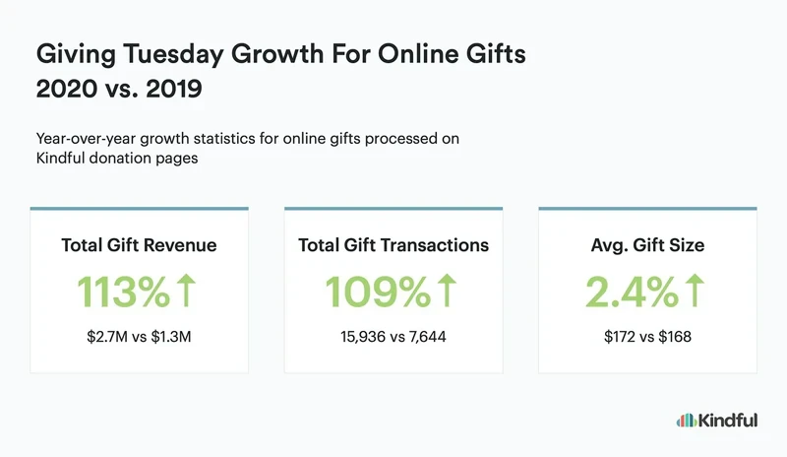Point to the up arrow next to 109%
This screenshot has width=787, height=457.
(x=447, y=292)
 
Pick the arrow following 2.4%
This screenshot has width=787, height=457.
(x=694, y=292)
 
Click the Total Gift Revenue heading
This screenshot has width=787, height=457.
(x=139, y=245)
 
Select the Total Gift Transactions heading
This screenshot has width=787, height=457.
(x=393, y=245)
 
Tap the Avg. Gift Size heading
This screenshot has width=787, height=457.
(x=647, y=245)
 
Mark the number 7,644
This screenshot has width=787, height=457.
(x=427, y=338)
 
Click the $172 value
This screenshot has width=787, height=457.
(x=620, y=338)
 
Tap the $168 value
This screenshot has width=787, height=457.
(x=676, y=338)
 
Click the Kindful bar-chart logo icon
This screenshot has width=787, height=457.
(x=687, y=421)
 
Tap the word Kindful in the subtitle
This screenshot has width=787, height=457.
(x=59, y=159)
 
